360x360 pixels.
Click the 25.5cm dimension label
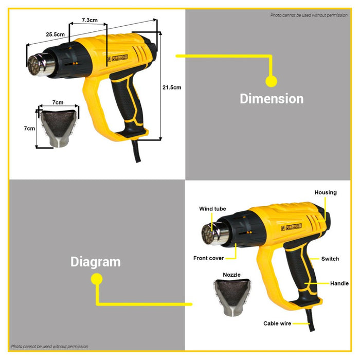56,34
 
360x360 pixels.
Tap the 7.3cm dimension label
89,20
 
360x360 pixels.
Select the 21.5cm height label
172,87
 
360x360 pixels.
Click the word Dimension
272,99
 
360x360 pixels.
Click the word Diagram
96,262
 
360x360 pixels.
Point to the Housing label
326,193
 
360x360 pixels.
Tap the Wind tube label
212,209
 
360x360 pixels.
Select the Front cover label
208,258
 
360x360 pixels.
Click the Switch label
330,259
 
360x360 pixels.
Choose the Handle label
339,283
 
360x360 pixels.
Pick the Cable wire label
277,323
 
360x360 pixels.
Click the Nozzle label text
231,275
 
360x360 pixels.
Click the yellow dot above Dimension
271,81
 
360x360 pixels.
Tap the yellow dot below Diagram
97,279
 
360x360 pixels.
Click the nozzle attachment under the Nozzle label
232,297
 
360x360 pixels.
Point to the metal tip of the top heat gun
41,65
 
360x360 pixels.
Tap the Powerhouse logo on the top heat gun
118,58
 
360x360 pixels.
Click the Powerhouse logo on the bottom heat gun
292,227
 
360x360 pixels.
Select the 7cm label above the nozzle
58,102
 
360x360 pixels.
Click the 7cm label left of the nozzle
29,129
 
